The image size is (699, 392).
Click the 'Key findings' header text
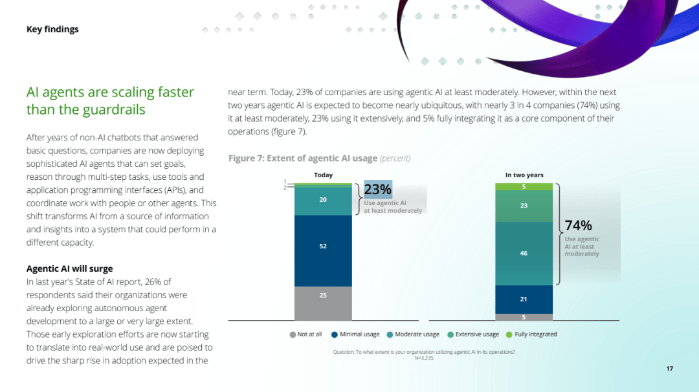pyautogui.click(x=52, y=29)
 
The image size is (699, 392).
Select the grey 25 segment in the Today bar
pyautogui.click(x=323, y=303)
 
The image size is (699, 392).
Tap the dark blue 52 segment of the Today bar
pyautogui.click(x=323, y=251)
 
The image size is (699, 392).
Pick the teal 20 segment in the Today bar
pyautogui.click(x=323, y=201)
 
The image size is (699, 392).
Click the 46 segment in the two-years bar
pyautogui.click(x=524, y=254)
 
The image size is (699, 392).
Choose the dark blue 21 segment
pyautogui.click(x=524, y=299)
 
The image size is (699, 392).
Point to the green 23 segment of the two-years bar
pyautogui.click(x=524, y=206)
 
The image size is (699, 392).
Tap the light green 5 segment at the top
pyautogui.click(x=524, y=187)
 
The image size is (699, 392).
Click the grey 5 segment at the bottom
pyautogui.click(x=524, y=317)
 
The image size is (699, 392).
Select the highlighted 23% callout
pyautogui.click(x=378, y=190)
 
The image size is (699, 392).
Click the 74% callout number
pyautogui.click(x=578, y=225)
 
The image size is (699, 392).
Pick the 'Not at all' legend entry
pyautogui.click(x=305, y=334)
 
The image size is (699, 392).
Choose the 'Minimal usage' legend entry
pyautogui.click(x=355, y=334)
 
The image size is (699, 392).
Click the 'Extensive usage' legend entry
pyautogui.click(x=473, y=334)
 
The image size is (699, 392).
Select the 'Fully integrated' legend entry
pyautogui.click(x=531, y=334)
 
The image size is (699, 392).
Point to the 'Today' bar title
pyautogui.click(x=323, y=175)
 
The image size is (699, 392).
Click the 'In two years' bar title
pyautogui.click(x=524, y=175)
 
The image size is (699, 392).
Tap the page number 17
pyautogui.click(x=670, y=369)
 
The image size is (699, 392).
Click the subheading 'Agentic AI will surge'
pyautogui.click(x=69, y=268)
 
